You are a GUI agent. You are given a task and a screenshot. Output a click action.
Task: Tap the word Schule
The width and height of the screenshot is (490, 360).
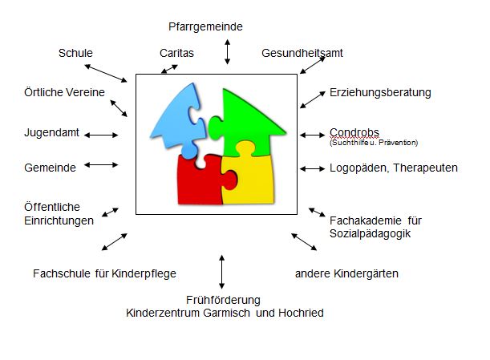tap(75, 54)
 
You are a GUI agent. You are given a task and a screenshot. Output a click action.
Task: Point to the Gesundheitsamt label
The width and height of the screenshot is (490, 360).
tap(302, 54)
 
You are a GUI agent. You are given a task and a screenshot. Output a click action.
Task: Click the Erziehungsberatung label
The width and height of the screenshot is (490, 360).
tap(380, 92)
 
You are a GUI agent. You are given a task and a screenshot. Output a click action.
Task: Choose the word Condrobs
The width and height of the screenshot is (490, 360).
tap(354, 131)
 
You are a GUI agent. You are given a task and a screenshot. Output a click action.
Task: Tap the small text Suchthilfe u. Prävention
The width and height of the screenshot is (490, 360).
tap(374, 142)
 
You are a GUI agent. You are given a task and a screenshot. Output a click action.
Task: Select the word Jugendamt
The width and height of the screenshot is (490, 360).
tap(51, 132)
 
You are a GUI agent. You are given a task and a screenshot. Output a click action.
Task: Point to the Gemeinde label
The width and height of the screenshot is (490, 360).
tap(50, 168)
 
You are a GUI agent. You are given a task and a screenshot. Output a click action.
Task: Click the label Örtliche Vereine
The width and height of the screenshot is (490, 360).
tap(65, 92)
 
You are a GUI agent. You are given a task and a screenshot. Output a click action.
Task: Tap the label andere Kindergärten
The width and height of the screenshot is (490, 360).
tap(346, 273)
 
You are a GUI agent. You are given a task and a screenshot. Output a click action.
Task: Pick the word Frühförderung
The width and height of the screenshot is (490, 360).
tap(223, 300)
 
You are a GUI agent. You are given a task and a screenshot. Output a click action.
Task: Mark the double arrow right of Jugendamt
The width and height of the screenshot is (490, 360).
tap(101, 135)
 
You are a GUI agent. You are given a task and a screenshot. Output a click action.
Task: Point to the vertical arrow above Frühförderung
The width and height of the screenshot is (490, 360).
tap(221, 271)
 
